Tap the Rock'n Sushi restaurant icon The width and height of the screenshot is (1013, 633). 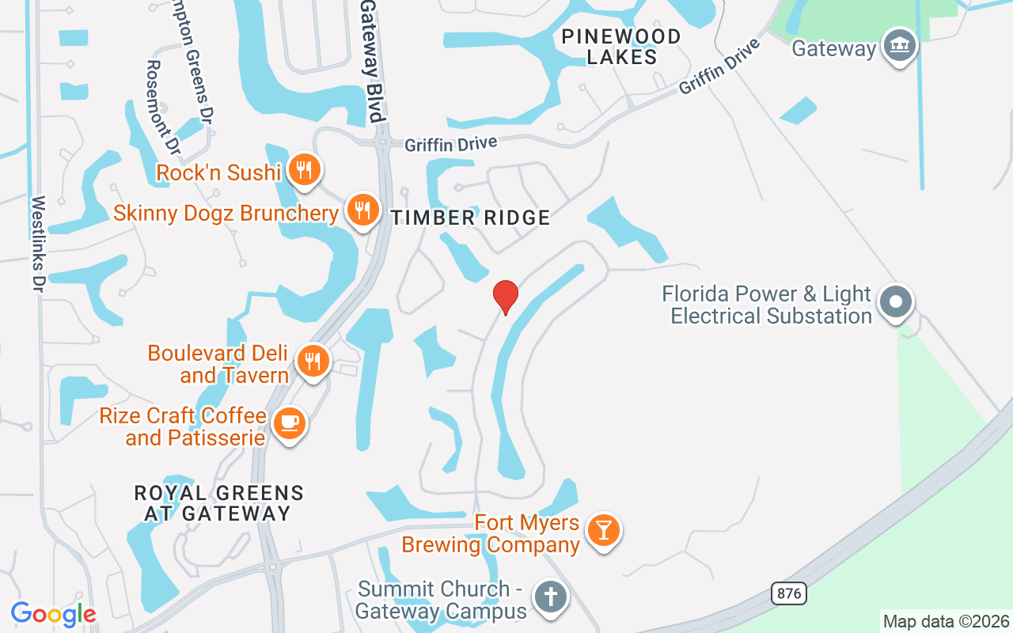click(304, 169)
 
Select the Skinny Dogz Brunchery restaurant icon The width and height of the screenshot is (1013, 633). click(362, 210)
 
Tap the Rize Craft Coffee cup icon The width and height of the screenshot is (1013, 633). click(290, 423)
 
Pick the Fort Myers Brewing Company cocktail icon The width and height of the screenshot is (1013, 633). click(604, 530)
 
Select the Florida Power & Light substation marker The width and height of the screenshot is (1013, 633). click(896, 301)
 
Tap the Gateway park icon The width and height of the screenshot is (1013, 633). click(899, 45)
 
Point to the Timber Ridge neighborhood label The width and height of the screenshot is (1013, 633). click(470, 218)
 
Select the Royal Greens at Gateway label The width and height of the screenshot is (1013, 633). click(218, 503)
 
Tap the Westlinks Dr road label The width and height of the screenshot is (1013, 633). click(37, 244)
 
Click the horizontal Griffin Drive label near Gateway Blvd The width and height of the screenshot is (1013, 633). click(451, 145)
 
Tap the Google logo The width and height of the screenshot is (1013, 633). click(52, 614)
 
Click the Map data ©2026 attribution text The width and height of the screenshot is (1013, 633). click(946, 621)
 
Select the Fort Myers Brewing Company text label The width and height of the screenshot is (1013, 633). click(491, 534)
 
